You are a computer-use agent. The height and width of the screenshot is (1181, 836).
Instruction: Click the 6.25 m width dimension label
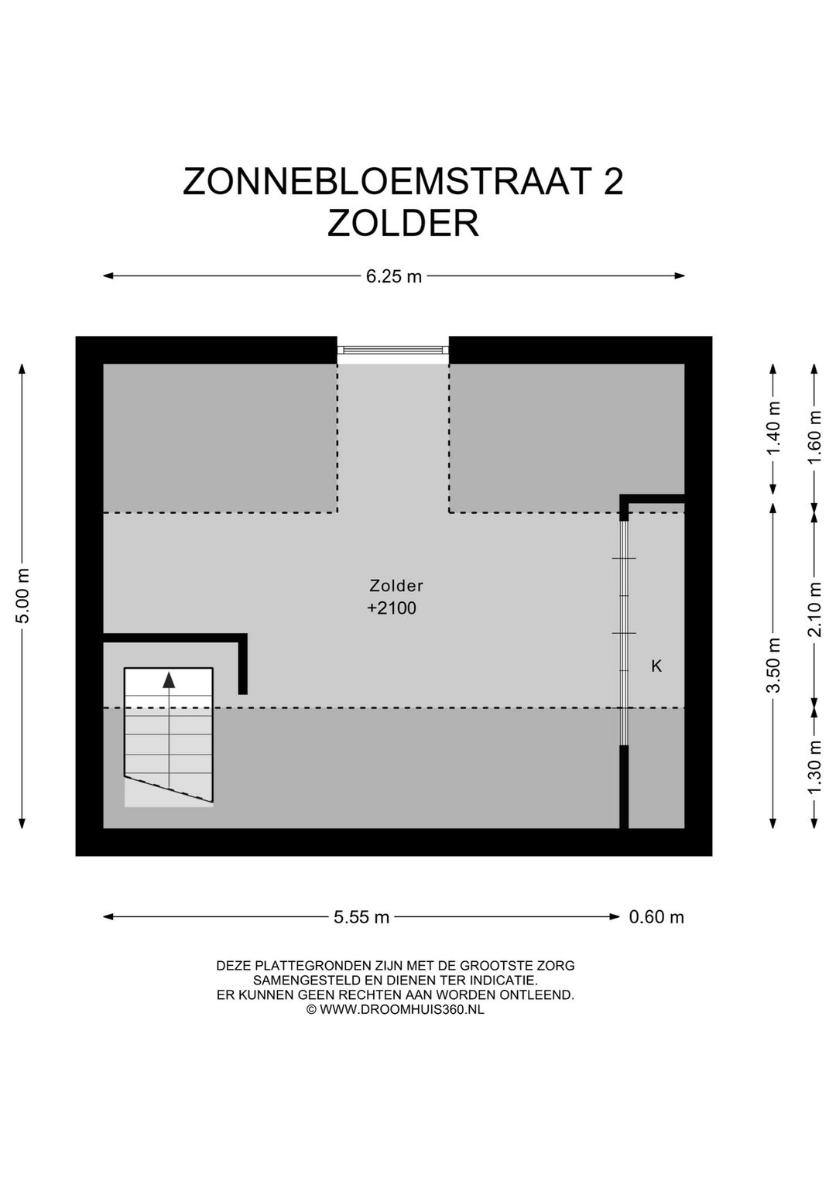coord(394,276)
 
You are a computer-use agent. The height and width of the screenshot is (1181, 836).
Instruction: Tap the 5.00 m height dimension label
coord(23,595)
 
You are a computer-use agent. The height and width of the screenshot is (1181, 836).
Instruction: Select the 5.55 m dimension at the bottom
coord(361,917)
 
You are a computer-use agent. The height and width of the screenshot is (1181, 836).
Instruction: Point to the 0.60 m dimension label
coord(656,917)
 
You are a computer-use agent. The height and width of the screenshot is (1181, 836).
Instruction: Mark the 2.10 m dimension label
coord(814,608)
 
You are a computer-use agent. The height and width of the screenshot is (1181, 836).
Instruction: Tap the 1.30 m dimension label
coord(814,767)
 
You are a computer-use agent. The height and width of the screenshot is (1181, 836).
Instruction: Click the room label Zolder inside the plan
coord(396,586)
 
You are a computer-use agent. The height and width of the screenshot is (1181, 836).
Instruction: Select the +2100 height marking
coord(392,608)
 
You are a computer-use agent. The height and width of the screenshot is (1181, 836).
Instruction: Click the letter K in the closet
coord(656,666)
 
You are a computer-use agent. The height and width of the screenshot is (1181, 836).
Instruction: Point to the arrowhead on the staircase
coord(169,680)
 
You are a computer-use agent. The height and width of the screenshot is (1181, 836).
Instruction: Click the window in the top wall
coord(393,351)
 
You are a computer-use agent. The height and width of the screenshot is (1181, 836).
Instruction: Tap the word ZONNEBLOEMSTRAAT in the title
coord(386,183)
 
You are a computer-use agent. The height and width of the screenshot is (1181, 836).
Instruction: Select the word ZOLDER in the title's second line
coord(403,224)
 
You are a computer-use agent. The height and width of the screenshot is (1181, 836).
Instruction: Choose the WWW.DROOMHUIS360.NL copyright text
coord(401,1009)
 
